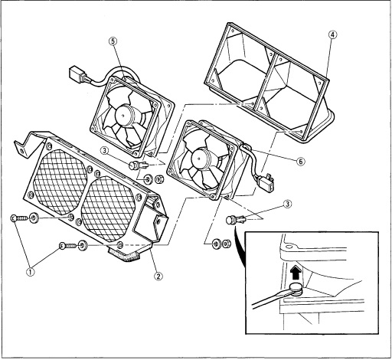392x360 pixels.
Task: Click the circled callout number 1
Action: click(x=31, y=272)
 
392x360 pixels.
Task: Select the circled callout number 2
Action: click(x=158, y=276)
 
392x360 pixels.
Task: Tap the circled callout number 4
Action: click(x=332, y=34)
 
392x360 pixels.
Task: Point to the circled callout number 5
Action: click(x=113, y=41)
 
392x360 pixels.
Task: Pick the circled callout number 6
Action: click(x=301, y=162)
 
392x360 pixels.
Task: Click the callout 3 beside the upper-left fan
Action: click(x=105, y=150)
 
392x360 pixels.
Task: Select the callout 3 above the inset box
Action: click(x=288, y=204)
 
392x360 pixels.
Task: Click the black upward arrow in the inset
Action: click(x=296, y=273)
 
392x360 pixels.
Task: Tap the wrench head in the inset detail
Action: click(x=296, y=289)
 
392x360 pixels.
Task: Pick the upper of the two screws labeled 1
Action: click(x=18, y=218)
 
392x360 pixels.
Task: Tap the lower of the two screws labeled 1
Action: click(x=68, y=246)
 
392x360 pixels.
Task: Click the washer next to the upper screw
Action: click(x=34, y=218)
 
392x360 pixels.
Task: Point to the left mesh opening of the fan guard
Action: click(x=60, y=182)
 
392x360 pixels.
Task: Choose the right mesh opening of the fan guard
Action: click(x=108, y=209)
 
